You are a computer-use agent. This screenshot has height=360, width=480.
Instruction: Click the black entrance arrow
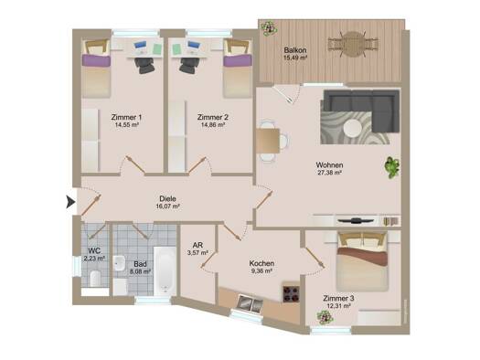(x=70, y=202)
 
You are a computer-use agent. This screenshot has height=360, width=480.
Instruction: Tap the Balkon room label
(x=295, y=50)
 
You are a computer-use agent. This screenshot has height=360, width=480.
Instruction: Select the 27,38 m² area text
(x=329, y=173)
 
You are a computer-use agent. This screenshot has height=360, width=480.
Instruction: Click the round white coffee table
(x=352, y=128)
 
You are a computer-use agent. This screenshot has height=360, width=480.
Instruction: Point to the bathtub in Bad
(x=165, y=270)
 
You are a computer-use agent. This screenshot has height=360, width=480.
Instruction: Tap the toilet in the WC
(x=95, y=278)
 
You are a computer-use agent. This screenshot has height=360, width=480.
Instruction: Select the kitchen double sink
(x=251, y=303)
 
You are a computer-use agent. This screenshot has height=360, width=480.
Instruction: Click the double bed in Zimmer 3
(x=362, y=261)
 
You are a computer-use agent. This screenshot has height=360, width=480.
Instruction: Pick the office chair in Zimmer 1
(x=144, y=65)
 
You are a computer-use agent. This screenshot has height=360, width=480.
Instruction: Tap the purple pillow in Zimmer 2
(x=238, y=60)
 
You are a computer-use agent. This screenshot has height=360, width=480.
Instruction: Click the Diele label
(x=167, y=199)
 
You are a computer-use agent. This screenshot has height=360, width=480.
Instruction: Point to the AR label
(x=197, y=245)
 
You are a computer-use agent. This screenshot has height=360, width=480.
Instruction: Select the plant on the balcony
(x=270, y=28)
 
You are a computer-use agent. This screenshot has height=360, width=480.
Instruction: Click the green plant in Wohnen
(x=392, y=167)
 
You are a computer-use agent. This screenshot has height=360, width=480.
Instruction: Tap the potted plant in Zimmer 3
(x=325, y=317)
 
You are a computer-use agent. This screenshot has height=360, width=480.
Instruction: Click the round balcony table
(x=353, y=45)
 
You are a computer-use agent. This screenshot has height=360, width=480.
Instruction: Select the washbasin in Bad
(x=119, y=263)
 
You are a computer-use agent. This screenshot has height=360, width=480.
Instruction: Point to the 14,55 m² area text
(x=127, y=125)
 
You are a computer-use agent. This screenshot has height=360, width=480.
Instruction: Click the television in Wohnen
(x=355, y=220)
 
